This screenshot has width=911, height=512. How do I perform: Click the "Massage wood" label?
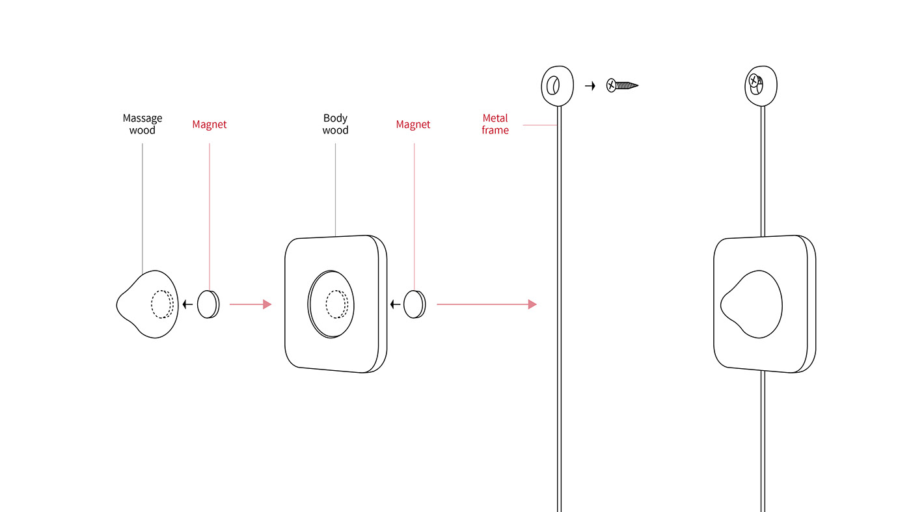pos(143,124)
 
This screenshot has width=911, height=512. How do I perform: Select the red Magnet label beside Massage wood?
pos(210,124)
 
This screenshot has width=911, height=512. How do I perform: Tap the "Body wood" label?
pos(335,124)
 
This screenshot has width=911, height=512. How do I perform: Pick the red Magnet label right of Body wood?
pos(413,124)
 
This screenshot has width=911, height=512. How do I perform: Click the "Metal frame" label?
pos(495,124)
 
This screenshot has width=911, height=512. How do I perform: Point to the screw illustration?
pos(622,85)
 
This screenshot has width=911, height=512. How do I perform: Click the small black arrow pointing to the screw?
pos(590,85)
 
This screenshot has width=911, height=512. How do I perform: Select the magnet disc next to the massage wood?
pos(208,304)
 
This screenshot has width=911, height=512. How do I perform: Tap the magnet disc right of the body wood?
pos(414,304)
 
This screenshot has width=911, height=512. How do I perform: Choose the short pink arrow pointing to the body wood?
pos(250,304)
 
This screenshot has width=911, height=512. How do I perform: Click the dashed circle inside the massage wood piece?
pos(162,304)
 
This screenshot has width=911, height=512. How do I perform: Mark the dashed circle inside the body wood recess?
pos(336,304)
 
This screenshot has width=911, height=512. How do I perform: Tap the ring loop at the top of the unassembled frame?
pos(558,85)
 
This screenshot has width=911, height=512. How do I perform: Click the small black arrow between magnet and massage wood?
pos(187,304)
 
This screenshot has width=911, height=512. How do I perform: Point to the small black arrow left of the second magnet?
pos(395,304)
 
